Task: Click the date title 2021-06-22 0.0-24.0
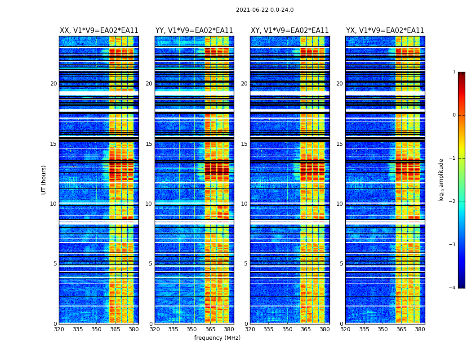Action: click(265, 10)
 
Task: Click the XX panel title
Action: click(99, 31)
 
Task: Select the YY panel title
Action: click(194, 31)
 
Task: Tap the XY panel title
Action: click(290, 31)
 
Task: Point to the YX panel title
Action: click(385, 31)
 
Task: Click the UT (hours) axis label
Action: click(44, 180)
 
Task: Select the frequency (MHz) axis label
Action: click(217, 338)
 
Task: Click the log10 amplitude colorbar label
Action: click(441, 180)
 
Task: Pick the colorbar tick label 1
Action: click(454, 72)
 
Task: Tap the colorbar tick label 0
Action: click(454, 115)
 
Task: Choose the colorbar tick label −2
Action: click(453, 202)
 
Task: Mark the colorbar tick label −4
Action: click(453, 288)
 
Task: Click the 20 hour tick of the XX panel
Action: click(53, 84)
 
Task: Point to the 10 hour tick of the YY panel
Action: click(149, 204)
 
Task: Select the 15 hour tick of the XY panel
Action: click(244, 144)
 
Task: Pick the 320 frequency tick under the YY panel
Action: click(155, 329)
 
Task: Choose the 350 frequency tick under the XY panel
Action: click(287, 329)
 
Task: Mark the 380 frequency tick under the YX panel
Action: click(420, 329)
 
